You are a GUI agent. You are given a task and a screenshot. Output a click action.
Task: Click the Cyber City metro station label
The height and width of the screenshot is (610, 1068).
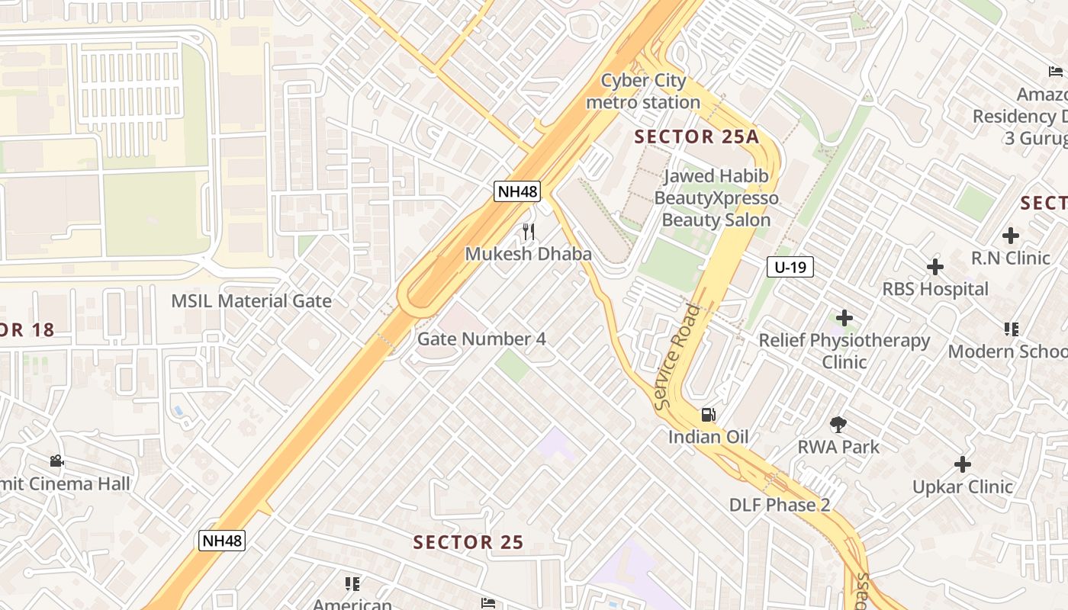click(x=643, y=91)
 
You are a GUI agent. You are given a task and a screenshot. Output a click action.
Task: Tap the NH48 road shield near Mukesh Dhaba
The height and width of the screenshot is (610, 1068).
click(x=517, y=191)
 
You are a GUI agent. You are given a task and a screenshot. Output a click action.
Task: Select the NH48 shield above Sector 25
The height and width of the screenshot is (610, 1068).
click(x=221, y=541)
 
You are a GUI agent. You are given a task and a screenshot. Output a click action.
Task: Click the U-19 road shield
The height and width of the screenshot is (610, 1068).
click(x=790, y=267)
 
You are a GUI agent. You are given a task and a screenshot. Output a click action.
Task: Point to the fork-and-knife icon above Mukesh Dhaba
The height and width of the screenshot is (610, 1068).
click(x=528, y=231)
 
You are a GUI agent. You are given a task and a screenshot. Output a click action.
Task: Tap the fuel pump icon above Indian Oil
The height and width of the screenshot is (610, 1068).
click(x=708, y=415)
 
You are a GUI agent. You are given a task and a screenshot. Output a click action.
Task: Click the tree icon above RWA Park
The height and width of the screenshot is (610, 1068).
click(x=838, y=425)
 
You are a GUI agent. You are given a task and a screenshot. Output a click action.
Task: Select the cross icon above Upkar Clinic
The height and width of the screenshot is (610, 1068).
click(x=963, y=464)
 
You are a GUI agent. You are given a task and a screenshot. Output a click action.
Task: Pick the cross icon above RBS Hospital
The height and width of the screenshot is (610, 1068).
click(x=935, y=267)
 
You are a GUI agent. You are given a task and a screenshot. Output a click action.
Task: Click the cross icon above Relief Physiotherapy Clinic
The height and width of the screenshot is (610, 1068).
click(x=844, y=318)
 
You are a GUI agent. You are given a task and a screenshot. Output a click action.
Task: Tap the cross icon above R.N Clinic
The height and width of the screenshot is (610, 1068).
click(x=1011, y=236)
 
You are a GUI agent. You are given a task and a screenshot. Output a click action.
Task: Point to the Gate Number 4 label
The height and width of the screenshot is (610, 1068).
click(x=481, y=339)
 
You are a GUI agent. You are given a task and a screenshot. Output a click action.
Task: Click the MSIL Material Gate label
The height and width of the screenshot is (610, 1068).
click(x=251, y=300)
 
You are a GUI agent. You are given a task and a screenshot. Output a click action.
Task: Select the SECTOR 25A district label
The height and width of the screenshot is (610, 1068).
click(x=696, y=137)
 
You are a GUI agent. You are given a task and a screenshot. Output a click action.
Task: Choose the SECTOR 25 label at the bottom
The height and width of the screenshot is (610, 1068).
click(x=468, y=542)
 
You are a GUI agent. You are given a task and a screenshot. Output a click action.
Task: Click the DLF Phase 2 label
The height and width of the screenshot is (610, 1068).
click(x=779, y=505)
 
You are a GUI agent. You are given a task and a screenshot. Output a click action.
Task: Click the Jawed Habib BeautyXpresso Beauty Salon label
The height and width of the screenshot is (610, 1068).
click(x=716, y=198)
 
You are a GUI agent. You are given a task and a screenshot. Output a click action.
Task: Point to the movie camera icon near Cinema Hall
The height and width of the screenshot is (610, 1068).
click(x=56, y=461)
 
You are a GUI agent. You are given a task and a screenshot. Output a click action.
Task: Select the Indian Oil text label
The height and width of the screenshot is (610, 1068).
click(x=708, y=437)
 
